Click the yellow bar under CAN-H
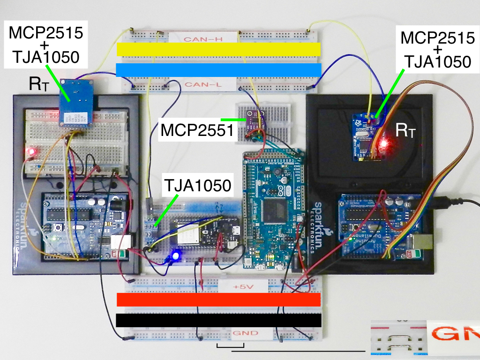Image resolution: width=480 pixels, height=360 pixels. (x=218, y=49)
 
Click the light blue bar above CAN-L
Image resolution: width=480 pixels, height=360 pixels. (x=218, y=70)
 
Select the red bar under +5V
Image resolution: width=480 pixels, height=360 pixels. (x=218, y=300)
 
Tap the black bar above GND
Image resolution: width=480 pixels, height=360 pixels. (x=218, y=320)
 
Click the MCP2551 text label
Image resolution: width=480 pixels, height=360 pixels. (x=197, y=130)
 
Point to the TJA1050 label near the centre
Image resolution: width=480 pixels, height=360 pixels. (x=197, y=186)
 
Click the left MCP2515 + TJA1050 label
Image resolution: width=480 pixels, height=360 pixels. (x=45, y=45)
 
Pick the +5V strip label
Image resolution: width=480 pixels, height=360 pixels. (x=242, y=285)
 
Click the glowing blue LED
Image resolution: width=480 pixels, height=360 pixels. (x=176, y=256)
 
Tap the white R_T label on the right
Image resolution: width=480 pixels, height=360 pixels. (x=405, y=130)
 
